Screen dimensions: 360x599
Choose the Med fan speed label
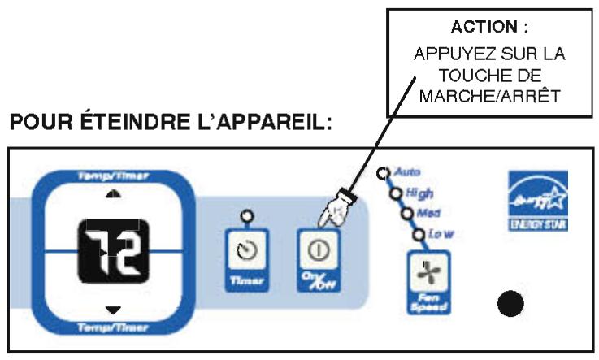pos(428,213)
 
